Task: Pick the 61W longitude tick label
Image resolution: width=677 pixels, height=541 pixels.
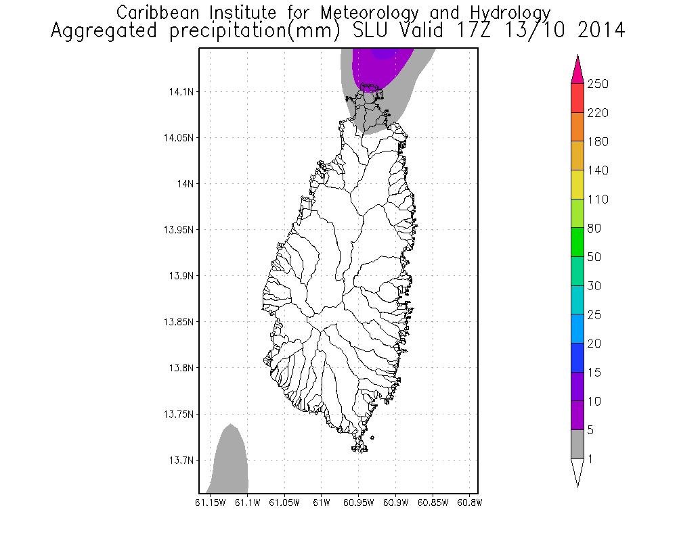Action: click(x=322, y=502)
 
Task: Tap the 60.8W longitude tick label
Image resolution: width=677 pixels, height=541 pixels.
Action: click(x=469, y=502)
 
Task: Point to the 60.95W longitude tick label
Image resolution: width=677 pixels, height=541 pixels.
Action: click(x=358, y=502)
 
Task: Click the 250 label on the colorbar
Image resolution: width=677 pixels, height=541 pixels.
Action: click(x=599, y=84)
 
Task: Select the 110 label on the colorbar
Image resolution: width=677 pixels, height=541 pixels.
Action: click(x=599, y=199)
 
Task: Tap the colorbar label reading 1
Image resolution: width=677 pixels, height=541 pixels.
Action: click(x=591, y=459)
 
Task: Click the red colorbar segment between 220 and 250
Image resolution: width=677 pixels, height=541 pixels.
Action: click(x=577, y=98)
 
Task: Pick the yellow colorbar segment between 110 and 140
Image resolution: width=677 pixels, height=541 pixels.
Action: click(x=577, y=185)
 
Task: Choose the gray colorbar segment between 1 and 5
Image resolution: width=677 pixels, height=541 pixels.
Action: click(x=577, y=445)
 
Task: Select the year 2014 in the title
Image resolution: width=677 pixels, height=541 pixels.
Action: click(x=596, y=31)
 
